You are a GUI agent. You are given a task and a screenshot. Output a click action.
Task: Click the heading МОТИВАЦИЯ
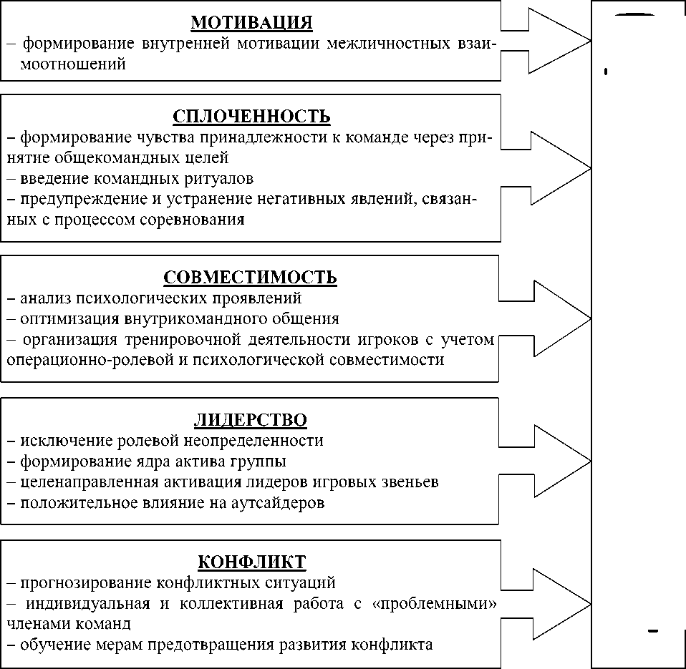(251, 23)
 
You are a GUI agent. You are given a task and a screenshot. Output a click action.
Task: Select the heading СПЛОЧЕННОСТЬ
(251, 116)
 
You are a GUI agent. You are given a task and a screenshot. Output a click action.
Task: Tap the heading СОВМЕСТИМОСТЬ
(251, 277)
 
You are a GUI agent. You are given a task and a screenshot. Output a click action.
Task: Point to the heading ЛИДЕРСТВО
(251, 419)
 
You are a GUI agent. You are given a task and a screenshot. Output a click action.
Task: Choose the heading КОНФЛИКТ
(251, 560)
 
